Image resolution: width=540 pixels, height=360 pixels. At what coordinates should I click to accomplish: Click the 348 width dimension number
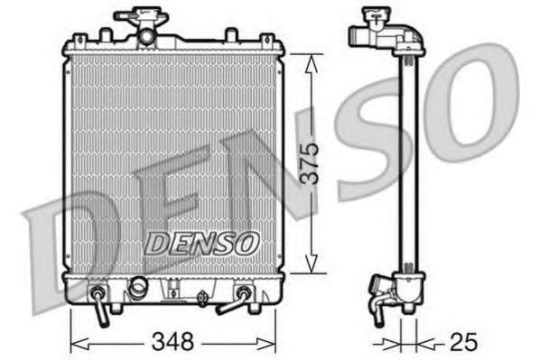(172, 341)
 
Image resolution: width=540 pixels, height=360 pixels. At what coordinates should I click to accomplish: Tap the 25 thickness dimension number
(463, 341)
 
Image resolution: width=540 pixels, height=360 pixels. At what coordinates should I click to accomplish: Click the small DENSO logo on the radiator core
(201, 244)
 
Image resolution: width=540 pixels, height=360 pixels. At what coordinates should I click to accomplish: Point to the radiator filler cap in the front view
(141, 15)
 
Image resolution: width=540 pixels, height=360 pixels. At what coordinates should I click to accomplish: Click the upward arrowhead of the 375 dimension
(312, 64)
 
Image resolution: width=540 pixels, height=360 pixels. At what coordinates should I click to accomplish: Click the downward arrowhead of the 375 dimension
(312, 264)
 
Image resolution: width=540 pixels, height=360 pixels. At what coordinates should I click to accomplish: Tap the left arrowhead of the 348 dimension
(79, 343)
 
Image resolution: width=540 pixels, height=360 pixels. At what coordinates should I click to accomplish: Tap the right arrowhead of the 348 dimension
(266, 343)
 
